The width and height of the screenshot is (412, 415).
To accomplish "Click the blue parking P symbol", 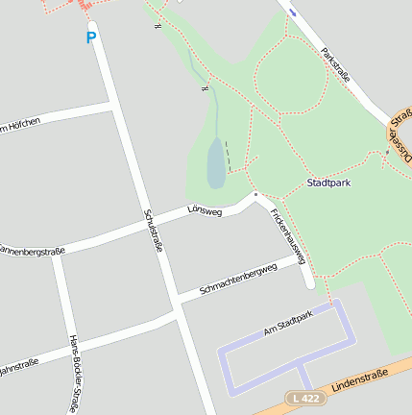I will point(91,38).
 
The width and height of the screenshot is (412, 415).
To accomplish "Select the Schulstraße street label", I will point(153,231).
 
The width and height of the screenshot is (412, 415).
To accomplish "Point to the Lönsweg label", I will point(205,207).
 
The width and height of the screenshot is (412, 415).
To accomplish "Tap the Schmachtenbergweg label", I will point(237,279).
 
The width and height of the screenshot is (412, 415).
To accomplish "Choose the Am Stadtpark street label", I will point(288,323).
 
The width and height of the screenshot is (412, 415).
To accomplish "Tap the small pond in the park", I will point(216,163).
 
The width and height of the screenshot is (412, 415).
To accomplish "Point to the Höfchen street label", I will point(19,124).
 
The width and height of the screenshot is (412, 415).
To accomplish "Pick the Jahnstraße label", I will point(18,364).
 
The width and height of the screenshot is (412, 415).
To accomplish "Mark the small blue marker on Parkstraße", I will point(293,12).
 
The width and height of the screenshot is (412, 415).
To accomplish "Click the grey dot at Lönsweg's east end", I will point(255,194).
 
